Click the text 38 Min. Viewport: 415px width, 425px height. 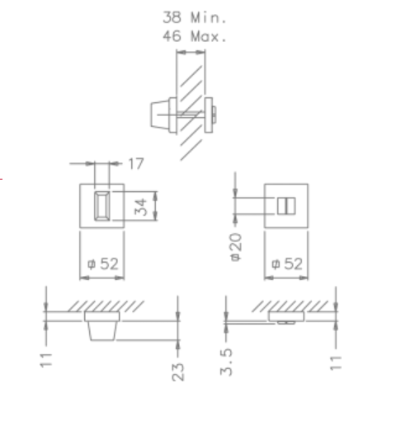(x=196, y=16)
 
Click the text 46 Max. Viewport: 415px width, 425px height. (x=196, y=35)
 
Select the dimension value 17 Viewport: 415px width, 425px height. (x=135, y=164)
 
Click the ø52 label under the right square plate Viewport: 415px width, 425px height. (x=286, y=264)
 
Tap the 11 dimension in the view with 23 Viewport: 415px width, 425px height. (x=47, y=359)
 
